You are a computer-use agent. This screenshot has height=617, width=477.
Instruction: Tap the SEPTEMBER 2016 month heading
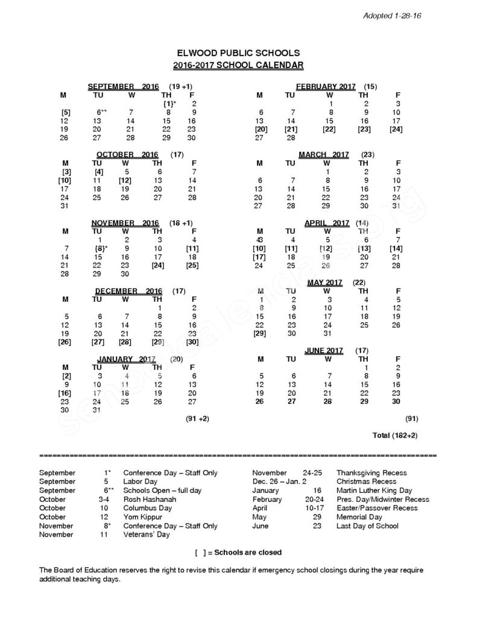(x=123, y=87)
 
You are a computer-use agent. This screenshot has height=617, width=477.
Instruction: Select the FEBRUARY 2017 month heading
(x=326, y=87)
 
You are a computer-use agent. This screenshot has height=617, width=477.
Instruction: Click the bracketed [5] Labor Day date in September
(x=66, y=112)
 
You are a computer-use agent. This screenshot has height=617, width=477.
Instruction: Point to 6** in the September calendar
(x=101, y=112)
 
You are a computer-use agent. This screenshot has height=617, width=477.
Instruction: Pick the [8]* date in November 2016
(x=101, y=248)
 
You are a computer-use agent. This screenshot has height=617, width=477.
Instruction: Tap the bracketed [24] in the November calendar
(x=158, y=265)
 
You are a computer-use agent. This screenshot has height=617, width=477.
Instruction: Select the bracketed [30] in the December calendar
(x=193, y=342)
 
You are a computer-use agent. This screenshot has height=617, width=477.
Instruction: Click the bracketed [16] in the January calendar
(x=65, y=393)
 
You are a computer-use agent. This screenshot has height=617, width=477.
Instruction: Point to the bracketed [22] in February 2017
(x=329, y=129)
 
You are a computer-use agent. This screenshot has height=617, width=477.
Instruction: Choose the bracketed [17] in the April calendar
(x=261, y=257)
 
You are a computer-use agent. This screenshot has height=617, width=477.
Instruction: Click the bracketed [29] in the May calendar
(x=260, y=333)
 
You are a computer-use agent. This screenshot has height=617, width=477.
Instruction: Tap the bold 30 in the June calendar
(x=396, y=401)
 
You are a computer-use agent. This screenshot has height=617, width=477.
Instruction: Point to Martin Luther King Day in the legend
(x=374, y=490)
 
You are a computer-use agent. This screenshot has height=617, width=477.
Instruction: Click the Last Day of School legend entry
(x=367, y=525)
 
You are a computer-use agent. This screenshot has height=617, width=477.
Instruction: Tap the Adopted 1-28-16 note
(x=391, y=15)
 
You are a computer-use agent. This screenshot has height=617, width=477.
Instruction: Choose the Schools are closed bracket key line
(x=238, y=552)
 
